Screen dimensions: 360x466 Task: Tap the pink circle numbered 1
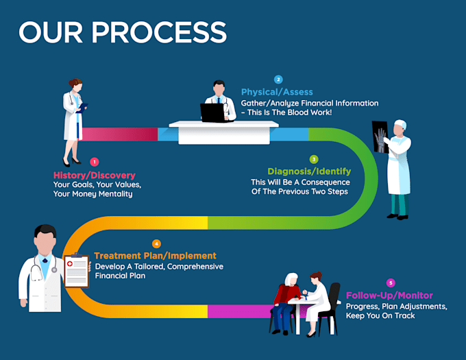(x=94, y=162)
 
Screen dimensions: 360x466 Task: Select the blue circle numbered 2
(x=278, y=80)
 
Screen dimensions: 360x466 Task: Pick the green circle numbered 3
(x=314, y=158)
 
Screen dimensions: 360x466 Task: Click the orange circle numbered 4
(x=156, y=243)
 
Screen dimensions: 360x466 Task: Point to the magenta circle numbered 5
(x=391, y=283)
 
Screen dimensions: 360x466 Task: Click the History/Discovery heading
(x=95, y=175)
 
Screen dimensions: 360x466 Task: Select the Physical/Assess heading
(x=277, y=92)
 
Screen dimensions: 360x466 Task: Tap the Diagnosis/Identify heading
(x=309, y=171)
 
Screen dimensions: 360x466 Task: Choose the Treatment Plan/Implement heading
(x=155, y=256)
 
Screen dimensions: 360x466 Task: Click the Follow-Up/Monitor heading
(x=389, y=295)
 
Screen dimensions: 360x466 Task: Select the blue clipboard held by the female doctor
(x=82, y=107)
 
